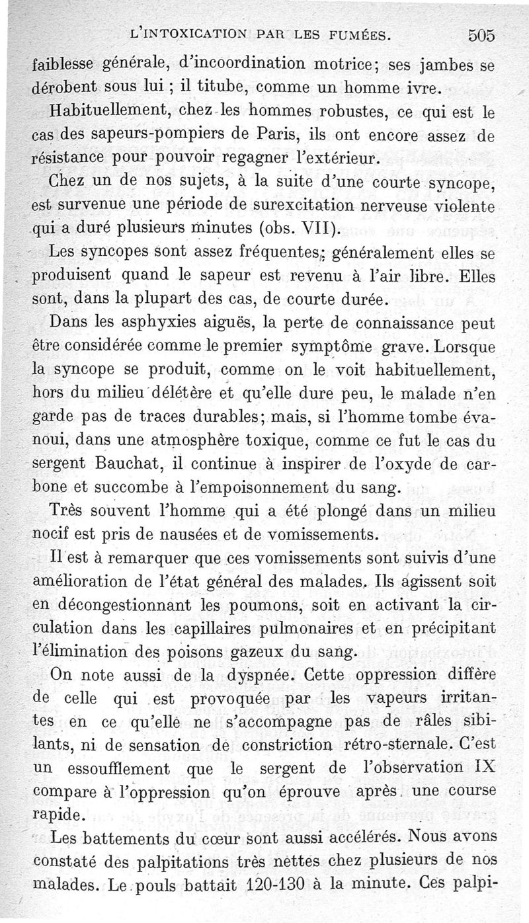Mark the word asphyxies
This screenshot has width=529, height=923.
141,323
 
